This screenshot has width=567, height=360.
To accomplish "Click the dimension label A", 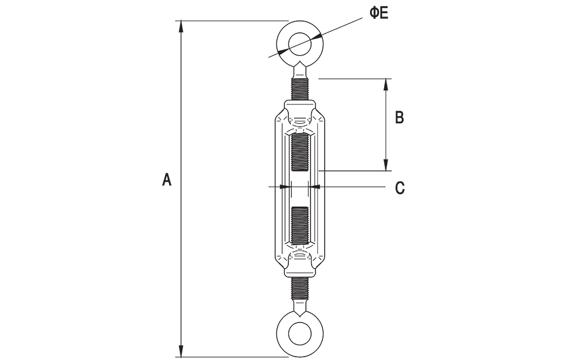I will click(x=166, y=179).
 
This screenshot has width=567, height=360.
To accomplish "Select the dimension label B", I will click(x=400, y=118).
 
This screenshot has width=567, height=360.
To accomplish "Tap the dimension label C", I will click(x=400, y=187).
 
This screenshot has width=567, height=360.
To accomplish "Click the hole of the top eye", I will click(x=300, y=43).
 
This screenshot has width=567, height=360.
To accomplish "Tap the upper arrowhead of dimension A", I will click(x=182, y=25).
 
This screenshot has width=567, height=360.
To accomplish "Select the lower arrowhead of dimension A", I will click(x=182, y=352).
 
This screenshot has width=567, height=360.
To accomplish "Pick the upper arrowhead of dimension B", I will click(x=387, y=83).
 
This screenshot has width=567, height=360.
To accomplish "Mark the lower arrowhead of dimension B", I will click(x=387, y=166).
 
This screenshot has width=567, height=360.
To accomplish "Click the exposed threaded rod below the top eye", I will click(x=300, y=90).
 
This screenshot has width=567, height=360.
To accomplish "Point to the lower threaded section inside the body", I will click(x=300, y=225).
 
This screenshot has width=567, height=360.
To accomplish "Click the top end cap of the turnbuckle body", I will click(x=300, y=108).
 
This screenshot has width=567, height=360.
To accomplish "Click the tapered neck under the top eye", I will click(x=300, y=72).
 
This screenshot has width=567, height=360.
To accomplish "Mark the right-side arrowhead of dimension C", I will click(x=316, y=186).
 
